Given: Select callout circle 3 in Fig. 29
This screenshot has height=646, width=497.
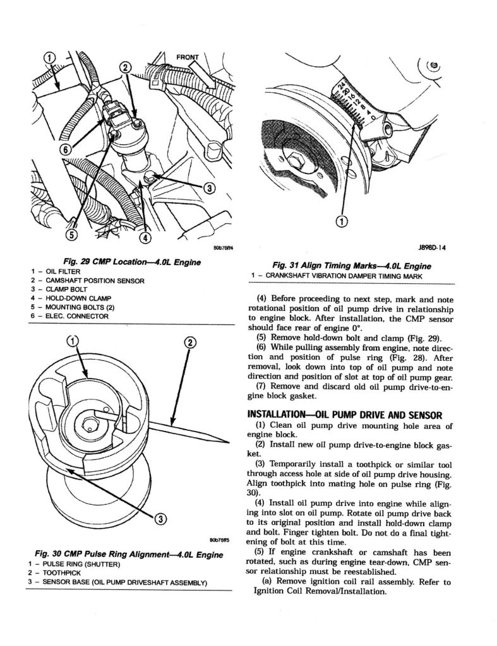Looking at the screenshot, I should [x=210, y=187].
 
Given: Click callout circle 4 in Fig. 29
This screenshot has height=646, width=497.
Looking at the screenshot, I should [x=145, y=238].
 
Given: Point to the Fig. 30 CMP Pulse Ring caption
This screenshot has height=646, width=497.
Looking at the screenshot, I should [x=126, y=555].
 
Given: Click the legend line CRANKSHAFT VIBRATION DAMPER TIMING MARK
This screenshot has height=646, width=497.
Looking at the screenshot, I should [x=333, y=276].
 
